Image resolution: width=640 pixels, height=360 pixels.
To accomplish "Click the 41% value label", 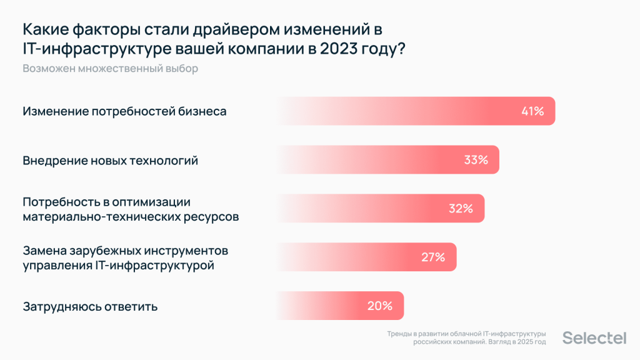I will [532, 111].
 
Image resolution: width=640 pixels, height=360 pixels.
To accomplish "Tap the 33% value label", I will [476, 160].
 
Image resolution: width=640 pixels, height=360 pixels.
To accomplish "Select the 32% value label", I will [461, 209].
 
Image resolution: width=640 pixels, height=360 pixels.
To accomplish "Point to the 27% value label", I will [432, 257].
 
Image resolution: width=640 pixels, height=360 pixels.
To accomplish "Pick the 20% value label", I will [379, 306].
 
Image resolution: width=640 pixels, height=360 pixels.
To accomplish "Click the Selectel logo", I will [594, 338].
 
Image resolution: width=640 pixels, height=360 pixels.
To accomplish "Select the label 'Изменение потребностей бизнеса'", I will [124, 111].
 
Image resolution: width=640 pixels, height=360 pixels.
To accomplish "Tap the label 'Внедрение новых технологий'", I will [111, 161].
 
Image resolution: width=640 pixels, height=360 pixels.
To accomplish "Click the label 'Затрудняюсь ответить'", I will [90, 307].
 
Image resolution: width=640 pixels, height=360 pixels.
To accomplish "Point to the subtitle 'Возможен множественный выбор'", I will [111, 69].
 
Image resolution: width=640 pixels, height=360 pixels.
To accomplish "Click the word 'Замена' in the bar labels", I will [44, 251].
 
